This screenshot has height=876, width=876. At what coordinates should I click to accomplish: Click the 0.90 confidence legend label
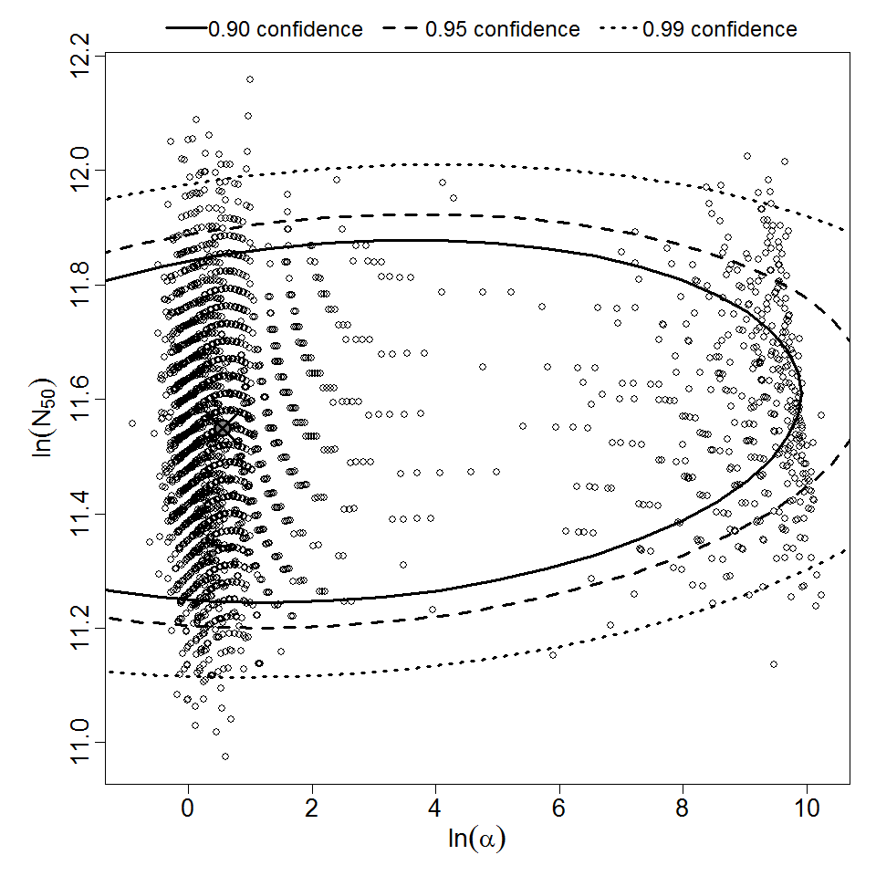[285, 29]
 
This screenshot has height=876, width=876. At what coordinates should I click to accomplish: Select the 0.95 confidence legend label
[502, 29]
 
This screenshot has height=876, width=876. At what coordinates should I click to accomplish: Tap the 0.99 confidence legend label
[719, 29]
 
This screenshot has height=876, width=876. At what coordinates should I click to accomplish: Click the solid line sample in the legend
[185, 29]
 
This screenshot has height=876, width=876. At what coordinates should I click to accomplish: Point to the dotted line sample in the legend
[620, 29]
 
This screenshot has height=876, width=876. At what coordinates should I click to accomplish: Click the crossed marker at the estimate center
[221, 428]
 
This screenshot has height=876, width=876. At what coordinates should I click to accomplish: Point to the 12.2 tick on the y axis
[80, 56]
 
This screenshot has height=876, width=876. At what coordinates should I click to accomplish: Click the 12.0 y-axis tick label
[80, 170]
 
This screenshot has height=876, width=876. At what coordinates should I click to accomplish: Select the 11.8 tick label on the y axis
[80, 285]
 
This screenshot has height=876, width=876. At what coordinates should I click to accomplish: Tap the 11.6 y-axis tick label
[80, 399]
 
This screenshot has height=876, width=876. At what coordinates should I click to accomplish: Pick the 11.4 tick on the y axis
[80, 514]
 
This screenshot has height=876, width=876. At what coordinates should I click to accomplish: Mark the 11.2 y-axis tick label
[80, 628]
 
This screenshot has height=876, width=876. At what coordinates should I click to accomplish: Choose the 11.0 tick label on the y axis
[80, 742]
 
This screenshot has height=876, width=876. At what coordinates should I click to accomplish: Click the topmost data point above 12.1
[250, 79]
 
